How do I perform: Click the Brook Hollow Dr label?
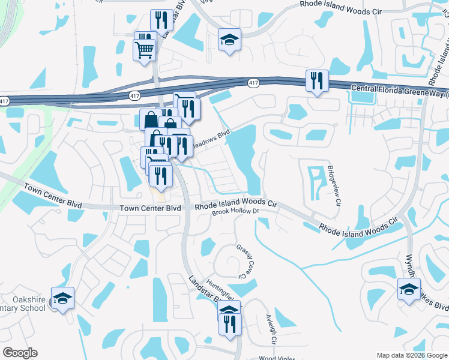235,212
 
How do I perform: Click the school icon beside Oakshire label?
62,298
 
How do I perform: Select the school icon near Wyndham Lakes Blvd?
409,289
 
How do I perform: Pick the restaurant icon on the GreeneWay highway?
316,80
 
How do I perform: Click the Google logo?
20,353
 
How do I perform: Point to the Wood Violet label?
276,358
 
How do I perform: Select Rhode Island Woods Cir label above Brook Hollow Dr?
235,204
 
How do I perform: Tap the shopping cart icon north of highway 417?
144,50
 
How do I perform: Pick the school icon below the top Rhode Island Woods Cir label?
229,40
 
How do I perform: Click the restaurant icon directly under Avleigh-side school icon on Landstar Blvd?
230,325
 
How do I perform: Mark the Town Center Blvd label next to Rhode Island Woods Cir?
150,208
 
